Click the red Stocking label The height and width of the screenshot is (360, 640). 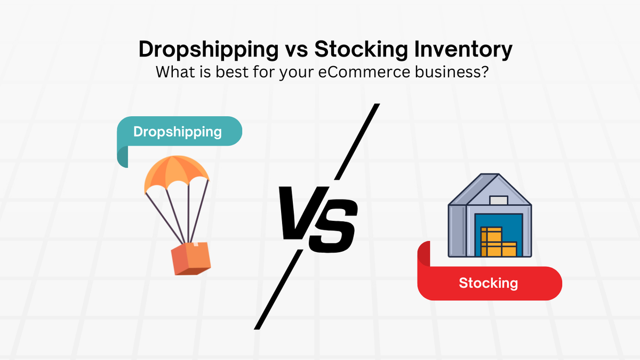click(x=488, y=283)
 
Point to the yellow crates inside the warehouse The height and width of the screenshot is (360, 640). click(x=496, y=243)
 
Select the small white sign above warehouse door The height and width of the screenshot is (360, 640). click(x=498, y=201)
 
